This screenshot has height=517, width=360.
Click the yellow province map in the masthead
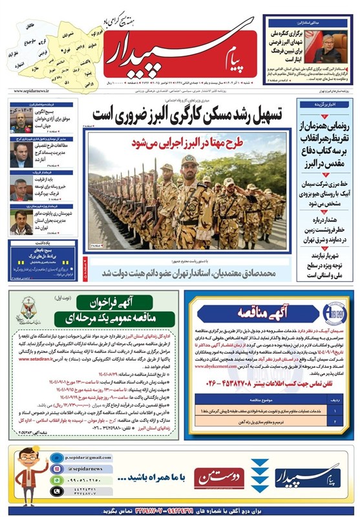(x=54, y=47)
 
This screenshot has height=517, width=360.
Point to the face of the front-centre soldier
(x=188, y=162)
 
